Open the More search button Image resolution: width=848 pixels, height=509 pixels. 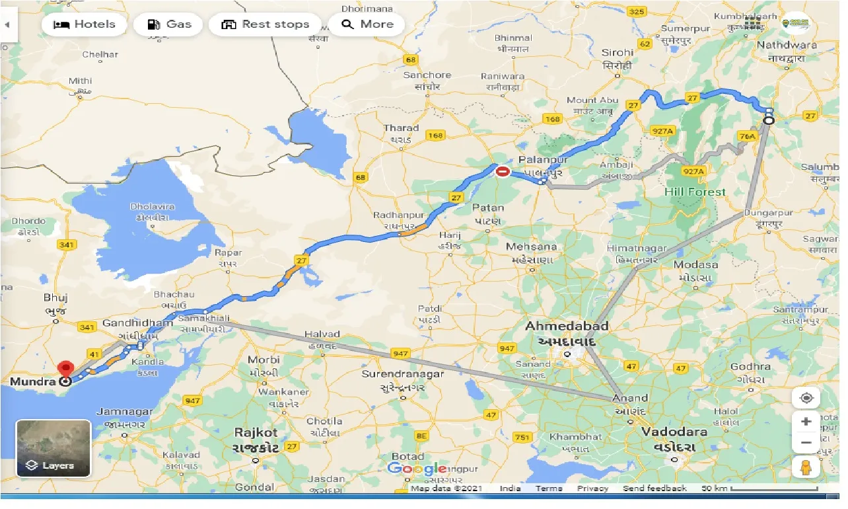click(x=367, y=24)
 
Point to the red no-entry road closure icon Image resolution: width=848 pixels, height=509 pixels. click(x=503, y=172)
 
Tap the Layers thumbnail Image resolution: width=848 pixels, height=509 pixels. click(x=53, y=448)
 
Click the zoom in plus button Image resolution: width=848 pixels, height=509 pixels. click(x=806, y=421)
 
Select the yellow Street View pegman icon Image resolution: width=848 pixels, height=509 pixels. click(x=806, y=467)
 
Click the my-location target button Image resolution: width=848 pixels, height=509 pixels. click(x=806, y=398)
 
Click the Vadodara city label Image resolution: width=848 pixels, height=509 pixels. click(x=674, y=432)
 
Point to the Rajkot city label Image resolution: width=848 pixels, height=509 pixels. click(x=256, y=432)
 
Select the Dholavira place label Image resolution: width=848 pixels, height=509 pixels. click(x=153, y=207)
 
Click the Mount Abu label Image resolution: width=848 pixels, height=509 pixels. click(x=592, y=100)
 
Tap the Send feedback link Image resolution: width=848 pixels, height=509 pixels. click(x=654, y=489)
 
